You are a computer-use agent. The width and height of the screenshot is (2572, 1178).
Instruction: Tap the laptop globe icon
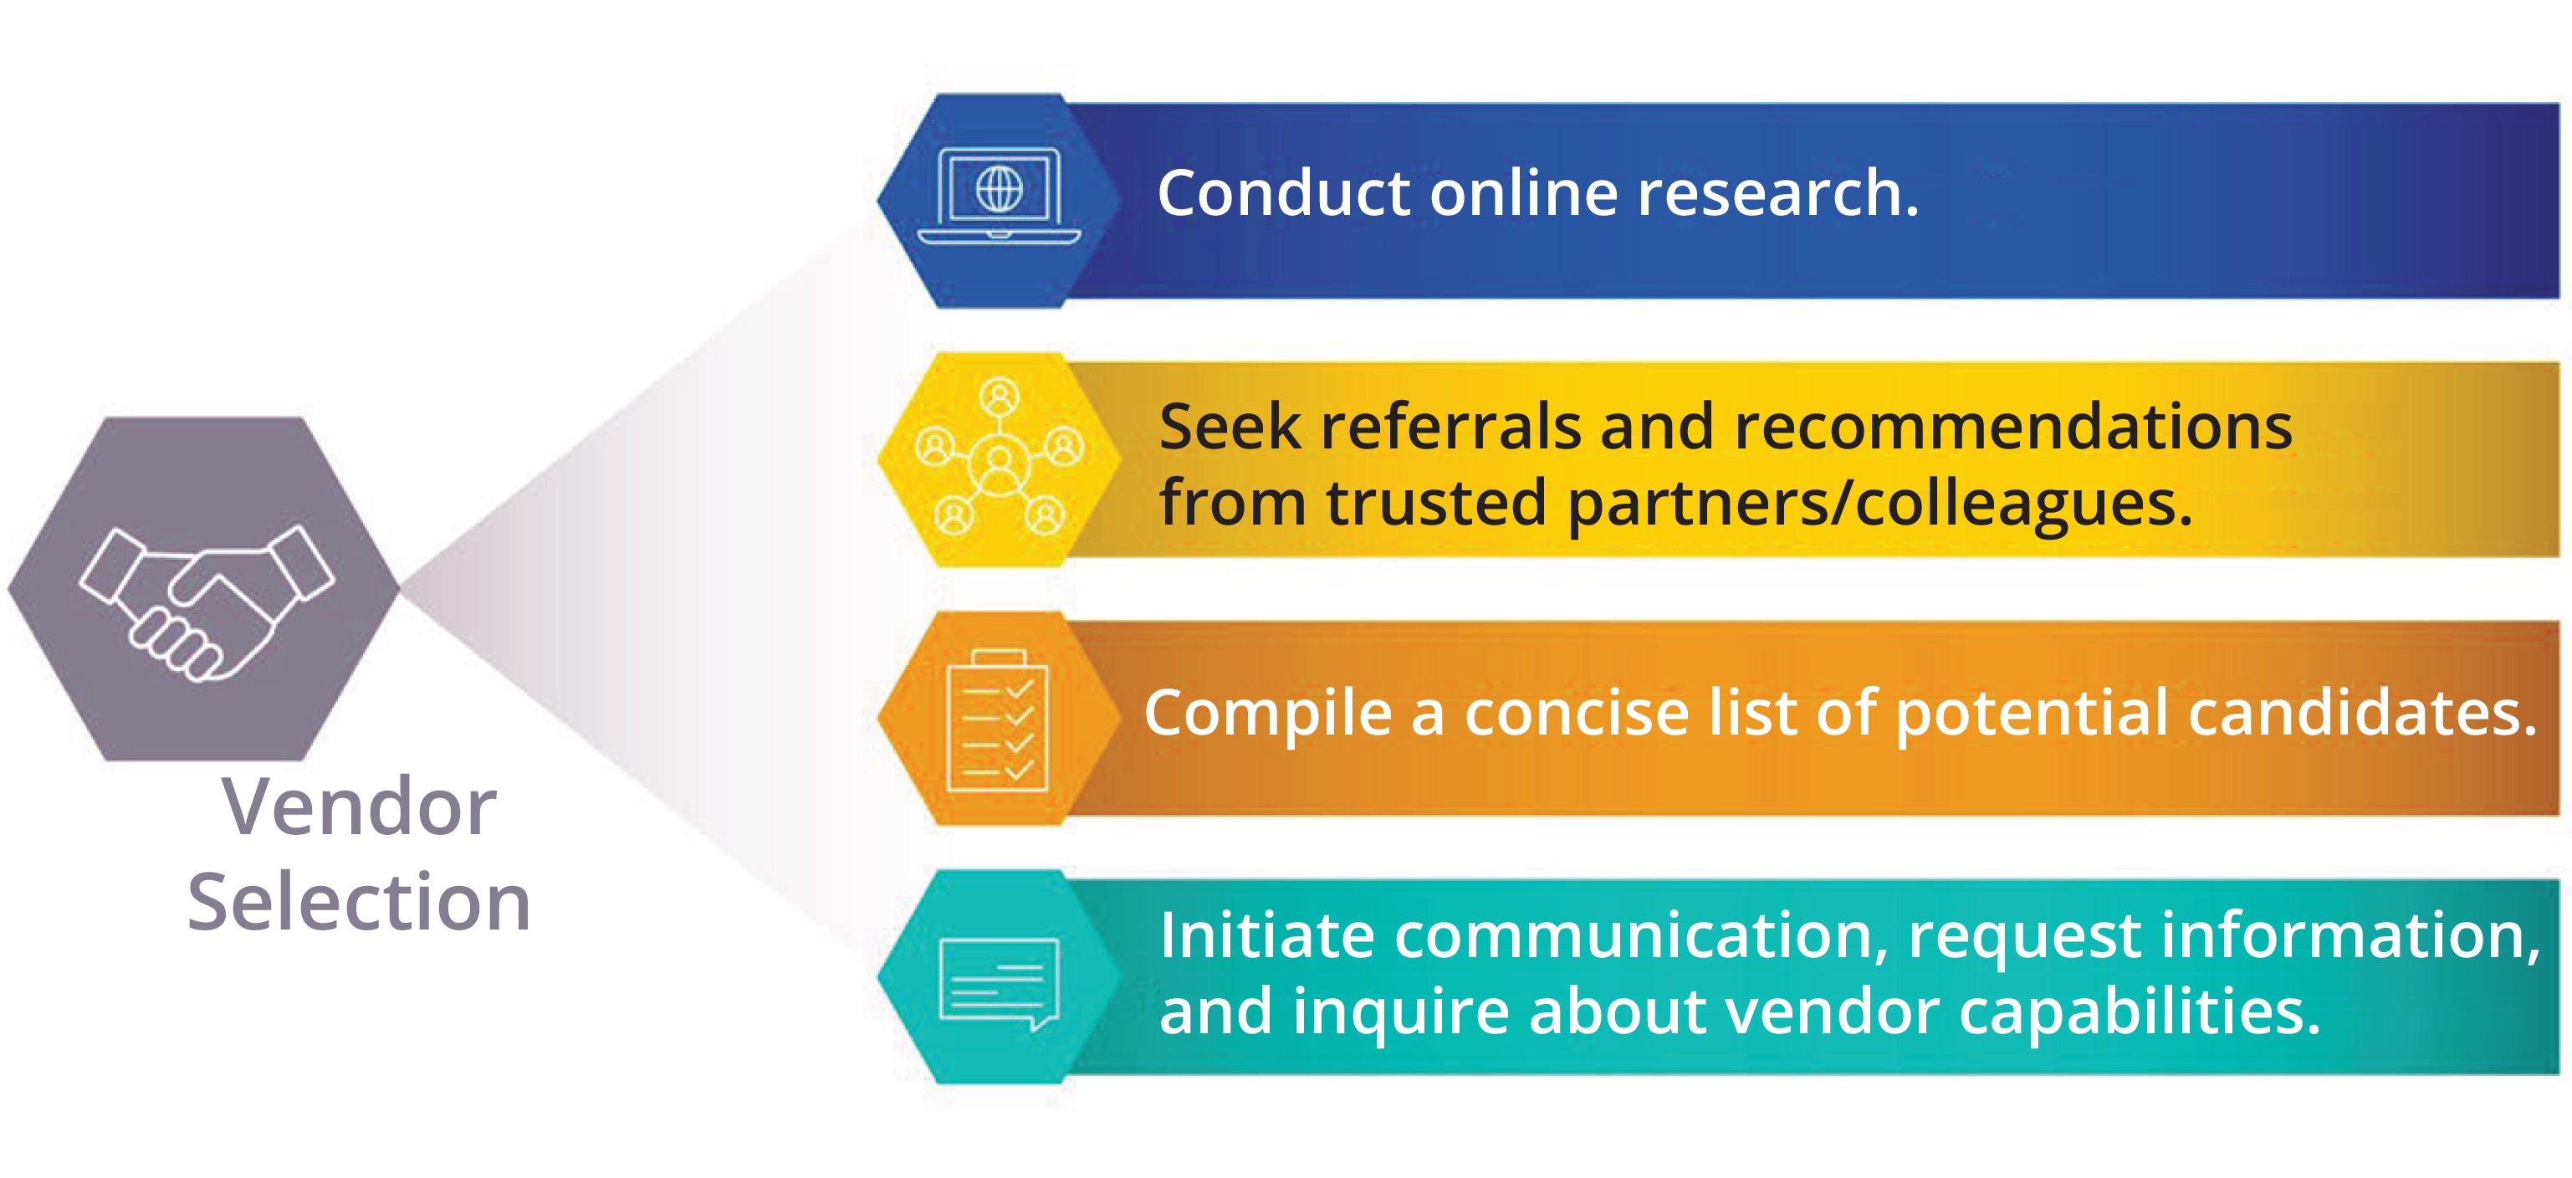999,195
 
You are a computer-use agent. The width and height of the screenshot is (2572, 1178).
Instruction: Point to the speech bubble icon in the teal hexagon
999,982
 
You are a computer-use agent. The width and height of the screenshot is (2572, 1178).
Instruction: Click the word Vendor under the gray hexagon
359,807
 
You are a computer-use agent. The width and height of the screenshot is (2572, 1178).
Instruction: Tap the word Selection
359,901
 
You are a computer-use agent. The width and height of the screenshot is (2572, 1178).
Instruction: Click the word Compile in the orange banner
1267,713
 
